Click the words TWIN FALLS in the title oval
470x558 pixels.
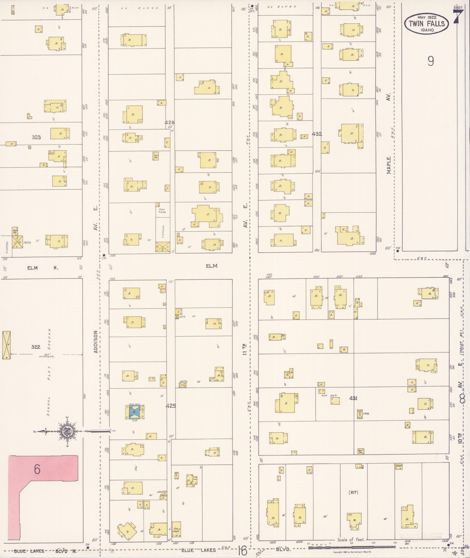[427, 23]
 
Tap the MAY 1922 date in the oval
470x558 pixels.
[427, 17]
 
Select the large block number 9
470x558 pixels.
[431, 61]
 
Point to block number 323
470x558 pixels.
[36, 137]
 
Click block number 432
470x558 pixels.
[317, 134]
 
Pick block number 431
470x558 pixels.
[353, 398]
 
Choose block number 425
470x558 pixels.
[170, 405]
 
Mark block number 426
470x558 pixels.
[169, 123]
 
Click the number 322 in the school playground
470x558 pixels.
[36, 347]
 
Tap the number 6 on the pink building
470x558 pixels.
[37, 469]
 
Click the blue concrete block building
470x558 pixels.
[134, 412]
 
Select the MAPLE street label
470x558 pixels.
[389, 165]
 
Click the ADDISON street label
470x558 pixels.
[96, 342]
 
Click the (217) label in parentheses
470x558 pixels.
[353, 492]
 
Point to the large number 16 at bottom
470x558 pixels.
[242, 551]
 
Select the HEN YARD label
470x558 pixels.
[162, 211]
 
